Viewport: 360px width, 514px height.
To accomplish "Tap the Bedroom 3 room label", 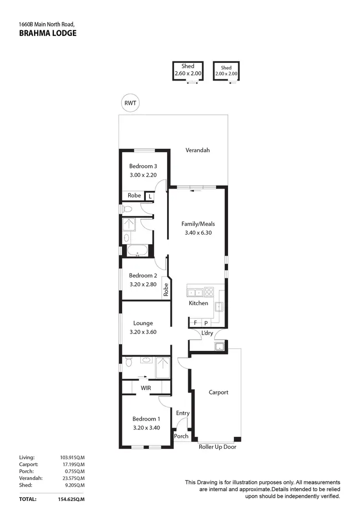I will (x=143, y=166).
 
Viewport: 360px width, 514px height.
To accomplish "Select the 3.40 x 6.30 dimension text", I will (x=198, y=233).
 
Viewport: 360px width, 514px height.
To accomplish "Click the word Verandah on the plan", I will (x=198, y=150).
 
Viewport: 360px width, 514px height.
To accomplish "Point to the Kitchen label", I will (x=198, y=303).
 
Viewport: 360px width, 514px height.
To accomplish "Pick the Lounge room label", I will (x=144, y=323).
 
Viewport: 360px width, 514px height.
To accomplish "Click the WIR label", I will (x=146, y=387).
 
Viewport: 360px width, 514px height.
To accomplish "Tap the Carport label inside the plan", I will (x=218, y=392).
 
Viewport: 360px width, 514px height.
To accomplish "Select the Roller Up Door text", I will (x=217, y=447).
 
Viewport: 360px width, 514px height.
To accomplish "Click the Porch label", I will (x=181, y=436).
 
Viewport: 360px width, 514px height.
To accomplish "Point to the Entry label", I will (x=183, y=413).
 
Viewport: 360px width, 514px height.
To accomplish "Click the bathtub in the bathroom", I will (x=138, y=251).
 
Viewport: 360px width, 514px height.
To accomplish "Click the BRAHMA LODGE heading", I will (x=47, y=33).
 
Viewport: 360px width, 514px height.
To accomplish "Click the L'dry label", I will (x=207, y=333).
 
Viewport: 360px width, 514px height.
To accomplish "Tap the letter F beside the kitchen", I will (x=195, y=323).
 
